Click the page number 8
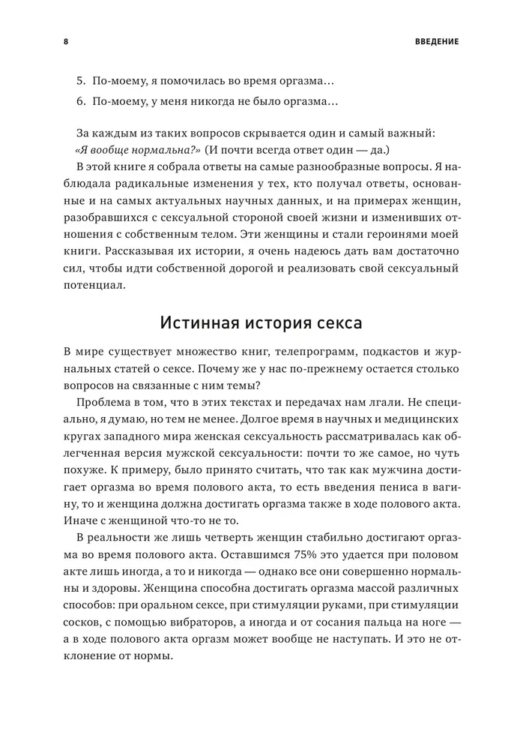coord(65,41)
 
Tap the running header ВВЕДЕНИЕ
coord(436,41)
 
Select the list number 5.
coord(81,79)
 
